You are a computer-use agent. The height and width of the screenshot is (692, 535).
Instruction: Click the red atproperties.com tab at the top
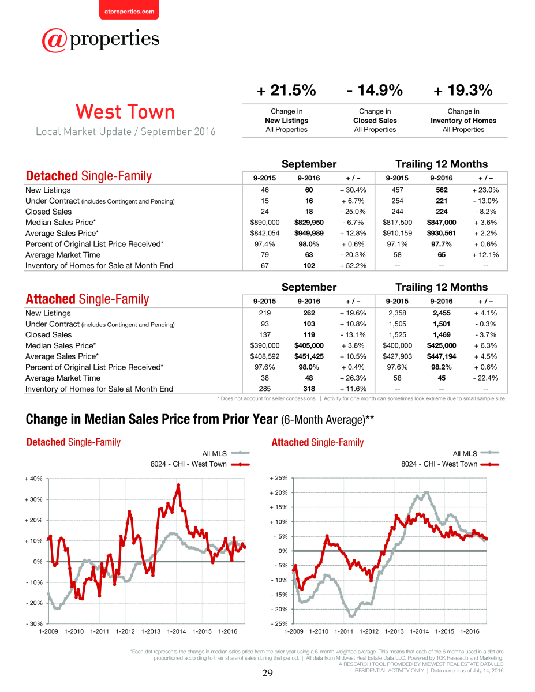129,10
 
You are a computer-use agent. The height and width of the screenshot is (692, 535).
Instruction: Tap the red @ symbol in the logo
54,40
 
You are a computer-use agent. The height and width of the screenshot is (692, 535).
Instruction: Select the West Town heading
125,112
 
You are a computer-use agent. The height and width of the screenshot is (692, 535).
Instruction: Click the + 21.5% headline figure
286,90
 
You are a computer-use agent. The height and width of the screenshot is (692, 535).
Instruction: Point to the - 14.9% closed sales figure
375,90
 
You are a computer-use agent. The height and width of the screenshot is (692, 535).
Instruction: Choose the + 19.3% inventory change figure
463,90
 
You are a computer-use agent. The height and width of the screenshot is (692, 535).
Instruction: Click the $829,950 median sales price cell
309,222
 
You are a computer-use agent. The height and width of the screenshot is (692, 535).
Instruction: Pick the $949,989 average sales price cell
309,233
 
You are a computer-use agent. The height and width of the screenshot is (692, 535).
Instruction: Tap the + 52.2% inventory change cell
353,266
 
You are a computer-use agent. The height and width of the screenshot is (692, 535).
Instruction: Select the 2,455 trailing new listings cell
442,313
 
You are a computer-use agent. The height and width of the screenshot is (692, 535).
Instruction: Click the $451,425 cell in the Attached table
309,356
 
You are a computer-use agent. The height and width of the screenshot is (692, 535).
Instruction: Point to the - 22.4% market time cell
485,378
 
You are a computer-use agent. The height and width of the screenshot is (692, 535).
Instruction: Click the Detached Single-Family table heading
88,176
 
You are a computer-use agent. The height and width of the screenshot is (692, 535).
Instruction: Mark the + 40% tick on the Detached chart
33,479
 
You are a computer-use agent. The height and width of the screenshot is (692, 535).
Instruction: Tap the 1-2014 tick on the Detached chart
177,631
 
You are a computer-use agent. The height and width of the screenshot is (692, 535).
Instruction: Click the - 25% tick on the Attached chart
279,623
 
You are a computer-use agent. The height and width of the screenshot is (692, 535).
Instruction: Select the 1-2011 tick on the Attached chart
344,631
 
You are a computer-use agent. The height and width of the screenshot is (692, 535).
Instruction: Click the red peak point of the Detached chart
178,485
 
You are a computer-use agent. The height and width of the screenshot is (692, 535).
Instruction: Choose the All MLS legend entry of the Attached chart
476,453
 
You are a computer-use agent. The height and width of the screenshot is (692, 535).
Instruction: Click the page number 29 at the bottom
267,672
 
